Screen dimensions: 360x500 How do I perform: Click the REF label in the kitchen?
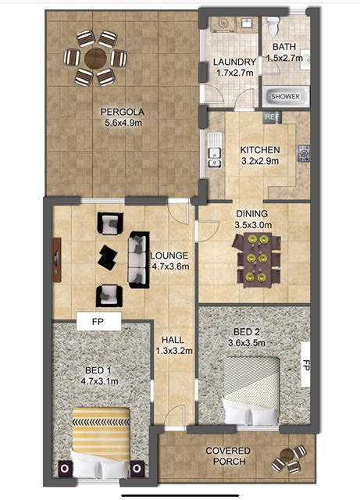[272, 116]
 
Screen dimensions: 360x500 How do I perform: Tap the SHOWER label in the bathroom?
[285, 96]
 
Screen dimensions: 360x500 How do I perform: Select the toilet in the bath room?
[273, 25]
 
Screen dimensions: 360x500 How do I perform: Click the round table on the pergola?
[95, 58]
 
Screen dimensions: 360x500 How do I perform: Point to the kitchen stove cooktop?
[304, 153]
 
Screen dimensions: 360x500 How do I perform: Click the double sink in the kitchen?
[215, 150]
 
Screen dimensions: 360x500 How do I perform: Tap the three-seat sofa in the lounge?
[139, 260]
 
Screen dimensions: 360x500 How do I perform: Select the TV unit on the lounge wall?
[57, 260]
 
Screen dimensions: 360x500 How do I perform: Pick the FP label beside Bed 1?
[98, 322]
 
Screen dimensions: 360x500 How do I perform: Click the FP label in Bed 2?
[306, 365]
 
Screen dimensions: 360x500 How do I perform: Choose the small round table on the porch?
[287, 455]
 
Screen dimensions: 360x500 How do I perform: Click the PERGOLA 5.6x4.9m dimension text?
[123, 117]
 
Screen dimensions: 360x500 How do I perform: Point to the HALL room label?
[173, 340]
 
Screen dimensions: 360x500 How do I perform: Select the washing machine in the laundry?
[223, 24]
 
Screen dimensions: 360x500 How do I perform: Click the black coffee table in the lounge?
[108, 257]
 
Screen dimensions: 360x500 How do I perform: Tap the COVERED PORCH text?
[228, 456]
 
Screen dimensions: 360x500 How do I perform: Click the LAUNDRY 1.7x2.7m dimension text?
[235, 67]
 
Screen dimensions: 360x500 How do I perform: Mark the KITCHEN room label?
[260, 150]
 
